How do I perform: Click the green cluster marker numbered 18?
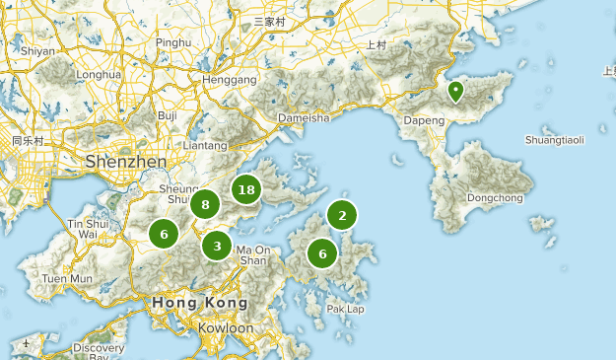246,189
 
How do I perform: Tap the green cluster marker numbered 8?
205,205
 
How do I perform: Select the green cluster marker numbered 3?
217,245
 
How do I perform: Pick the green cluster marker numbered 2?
342,215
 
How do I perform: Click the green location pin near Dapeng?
455,92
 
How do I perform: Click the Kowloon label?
226,327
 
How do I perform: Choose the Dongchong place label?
495,197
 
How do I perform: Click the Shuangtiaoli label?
554,140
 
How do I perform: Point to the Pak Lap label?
346,309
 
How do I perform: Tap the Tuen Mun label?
68,279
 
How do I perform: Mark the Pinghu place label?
173,43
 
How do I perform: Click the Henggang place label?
229,79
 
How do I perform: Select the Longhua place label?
98,74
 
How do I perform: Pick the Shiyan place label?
38,50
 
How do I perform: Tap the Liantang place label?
205,145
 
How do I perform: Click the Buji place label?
168,115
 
